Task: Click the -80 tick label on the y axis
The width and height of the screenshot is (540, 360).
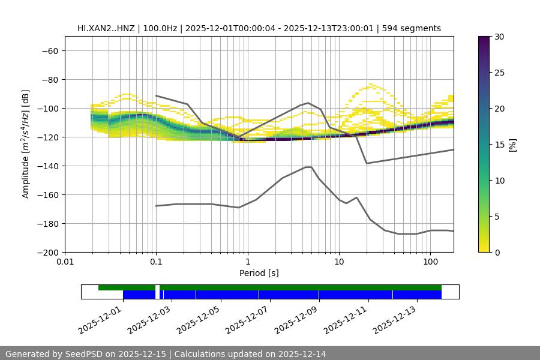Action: click(x=49, y=79)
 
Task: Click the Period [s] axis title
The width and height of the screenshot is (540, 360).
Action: click(x=259, y=273)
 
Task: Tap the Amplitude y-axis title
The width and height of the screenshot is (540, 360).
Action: click(x=25, y=144)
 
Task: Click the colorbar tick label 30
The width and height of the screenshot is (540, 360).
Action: click(x=499, y=37)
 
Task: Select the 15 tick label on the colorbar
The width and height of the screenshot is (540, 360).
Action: click(x=499, y=145)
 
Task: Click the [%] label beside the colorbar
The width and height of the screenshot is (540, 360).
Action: click(x=512, y=145)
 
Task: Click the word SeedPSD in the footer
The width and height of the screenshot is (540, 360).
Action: click(x=85, y=354)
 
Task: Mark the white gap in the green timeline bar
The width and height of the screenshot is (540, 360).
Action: click(x=157, y=288)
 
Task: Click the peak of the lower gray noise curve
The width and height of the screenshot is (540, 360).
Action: click(x=308, y=167)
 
